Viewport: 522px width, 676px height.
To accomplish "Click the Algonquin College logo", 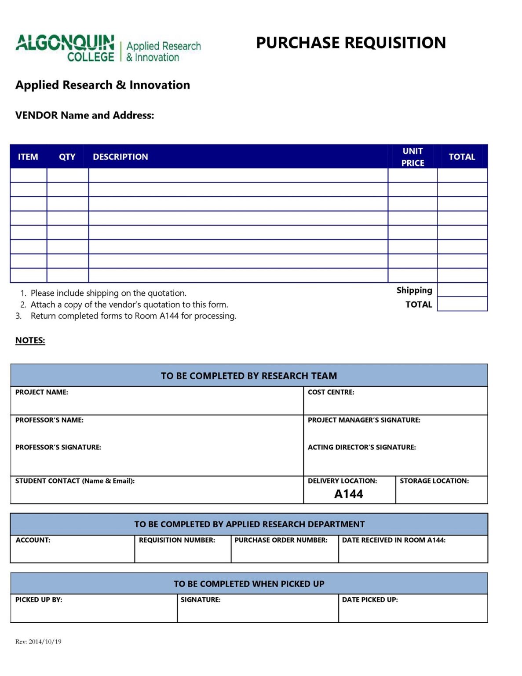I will click(x=108, y=48).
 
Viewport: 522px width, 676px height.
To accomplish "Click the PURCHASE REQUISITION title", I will click(x=350, y=43).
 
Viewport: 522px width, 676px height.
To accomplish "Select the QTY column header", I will click(x=67, y=157).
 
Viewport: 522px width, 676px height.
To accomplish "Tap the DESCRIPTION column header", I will click(x=120, y=157).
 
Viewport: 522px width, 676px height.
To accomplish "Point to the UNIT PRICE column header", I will click(x=412, y=157).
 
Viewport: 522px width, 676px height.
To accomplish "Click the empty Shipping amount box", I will click(x=462, y=290).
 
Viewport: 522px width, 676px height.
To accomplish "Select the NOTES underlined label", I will click(x=30, y=340).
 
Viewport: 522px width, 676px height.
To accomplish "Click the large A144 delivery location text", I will click(x=348, y=494).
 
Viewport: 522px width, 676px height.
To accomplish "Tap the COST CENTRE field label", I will click(x=331, y=392).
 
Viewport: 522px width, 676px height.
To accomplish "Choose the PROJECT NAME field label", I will click(x=42, y=392).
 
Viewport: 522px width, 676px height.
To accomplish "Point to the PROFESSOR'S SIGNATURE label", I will click(x=58, y=447).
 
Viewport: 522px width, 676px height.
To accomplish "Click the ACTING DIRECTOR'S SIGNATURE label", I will click(x=361, y=447).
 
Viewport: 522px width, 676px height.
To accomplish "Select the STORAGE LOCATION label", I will click(x=434, y=481).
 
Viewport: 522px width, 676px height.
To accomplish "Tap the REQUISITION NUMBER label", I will click(x=177, y=540).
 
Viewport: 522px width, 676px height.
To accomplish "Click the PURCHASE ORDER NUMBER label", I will click(x=281, y=540).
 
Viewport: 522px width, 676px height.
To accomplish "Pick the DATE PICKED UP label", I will click(x=370, y=599).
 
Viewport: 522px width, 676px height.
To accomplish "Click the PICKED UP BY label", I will click(x=39, y=599).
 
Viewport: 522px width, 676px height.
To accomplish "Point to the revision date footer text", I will click(x=38, y=642).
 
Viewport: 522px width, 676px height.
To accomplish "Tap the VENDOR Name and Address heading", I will click(x=84, y=115).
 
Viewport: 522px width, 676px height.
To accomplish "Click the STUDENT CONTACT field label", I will click(x=75, y=481).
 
